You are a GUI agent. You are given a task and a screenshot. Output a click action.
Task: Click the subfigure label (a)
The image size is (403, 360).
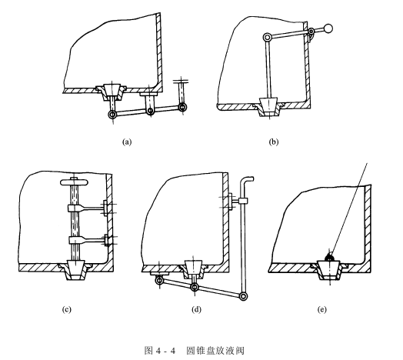(x=127, y=142)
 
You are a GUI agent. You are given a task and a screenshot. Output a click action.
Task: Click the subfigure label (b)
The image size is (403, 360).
(x=274, y=142)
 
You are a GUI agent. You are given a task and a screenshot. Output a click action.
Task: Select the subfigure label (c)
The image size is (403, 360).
(x=66, y=309)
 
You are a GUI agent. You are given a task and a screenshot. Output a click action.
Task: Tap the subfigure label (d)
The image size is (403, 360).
(x=196, y=309)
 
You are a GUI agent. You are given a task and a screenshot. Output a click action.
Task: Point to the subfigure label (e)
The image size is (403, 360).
(x=321, y=309)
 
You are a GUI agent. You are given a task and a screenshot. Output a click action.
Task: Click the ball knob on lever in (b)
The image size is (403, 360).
(x=328, y=28)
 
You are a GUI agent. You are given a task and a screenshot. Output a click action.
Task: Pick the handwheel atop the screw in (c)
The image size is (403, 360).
(x=75, y=182)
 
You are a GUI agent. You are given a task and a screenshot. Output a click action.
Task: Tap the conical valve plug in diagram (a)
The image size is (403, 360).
(x=112, y=90)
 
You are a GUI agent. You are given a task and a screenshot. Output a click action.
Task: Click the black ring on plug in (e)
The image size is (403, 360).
(x=329, y=257)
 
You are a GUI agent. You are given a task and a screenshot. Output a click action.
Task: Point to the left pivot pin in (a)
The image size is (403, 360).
(x=112, y=115)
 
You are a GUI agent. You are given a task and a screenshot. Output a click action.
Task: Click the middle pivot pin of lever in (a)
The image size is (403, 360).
(x=151, y=111)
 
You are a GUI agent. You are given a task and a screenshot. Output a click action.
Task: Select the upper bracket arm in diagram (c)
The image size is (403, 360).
(x=87, y=208)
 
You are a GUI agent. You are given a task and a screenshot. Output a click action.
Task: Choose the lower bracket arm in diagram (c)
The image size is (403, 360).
(x=88, y=241)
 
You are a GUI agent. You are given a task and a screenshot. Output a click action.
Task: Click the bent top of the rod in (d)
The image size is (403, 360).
(x=247, y=181)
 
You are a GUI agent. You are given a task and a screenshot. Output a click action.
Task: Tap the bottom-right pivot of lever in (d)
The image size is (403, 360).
(x=243, y=296)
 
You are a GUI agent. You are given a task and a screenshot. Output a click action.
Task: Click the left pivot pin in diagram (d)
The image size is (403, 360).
(x=159, y=279)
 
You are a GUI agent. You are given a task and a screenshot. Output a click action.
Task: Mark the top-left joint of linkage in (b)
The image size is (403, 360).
(x=268, y=38)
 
